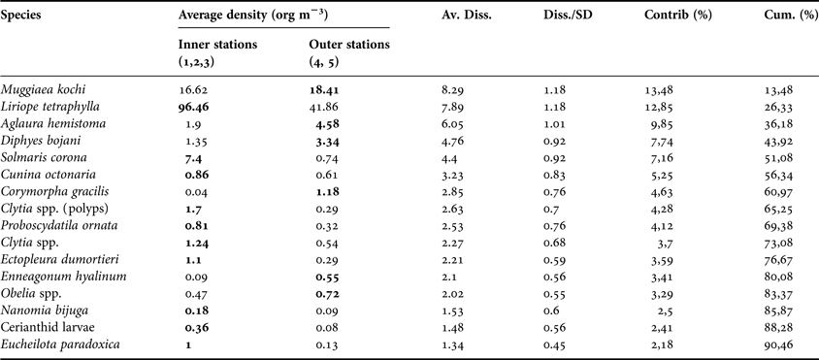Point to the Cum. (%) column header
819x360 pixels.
click(x=784, y=18)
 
